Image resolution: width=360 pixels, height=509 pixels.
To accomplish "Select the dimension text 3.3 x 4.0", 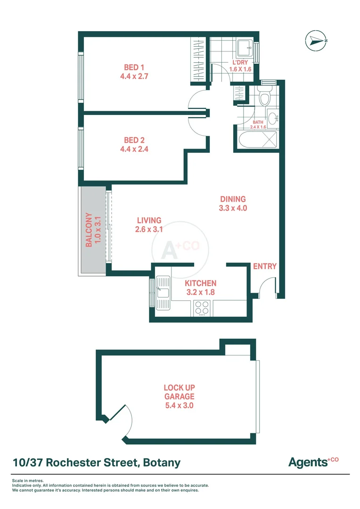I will coord(233,208).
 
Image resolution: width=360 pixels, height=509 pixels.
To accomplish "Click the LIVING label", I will coord(149,220).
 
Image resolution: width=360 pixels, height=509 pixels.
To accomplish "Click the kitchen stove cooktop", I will coord(202,307).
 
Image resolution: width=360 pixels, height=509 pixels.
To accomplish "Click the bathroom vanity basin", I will coord(271,117).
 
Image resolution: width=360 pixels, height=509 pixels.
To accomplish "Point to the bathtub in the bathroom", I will coord(256,141).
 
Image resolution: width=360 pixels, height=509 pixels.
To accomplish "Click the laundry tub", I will coord(245,48).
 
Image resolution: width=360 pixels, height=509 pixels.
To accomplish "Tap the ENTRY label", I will coord(264,266).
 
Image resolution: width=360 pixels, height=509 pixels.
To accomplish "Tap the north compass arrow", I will coord(316,41).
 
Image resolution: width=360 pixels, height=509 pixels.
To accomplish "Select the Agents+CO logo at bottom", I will coord(313,462).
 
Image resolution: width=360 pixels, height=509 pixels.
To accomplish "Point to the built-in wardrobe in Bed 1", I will coord(198,60).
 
